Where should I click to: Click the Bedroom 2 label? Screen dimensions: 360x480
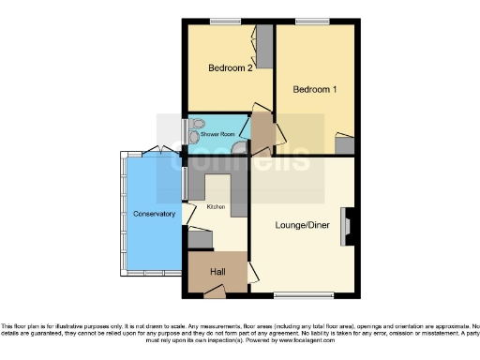click(x=231, y=68)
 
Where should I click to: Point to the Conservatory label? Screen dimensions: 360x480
click(x=154, y=214)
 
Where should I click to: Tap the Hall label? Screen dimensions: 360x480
click(x=217, y=271)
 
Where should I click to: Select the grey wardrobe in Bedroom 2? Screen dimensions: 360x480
click(x=264, y=46)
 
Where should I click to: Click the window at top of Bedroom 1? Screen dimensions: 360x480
click(x=310, y=21)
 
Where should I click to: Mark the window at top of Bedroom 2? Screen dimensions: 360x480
click(x=225, y=21)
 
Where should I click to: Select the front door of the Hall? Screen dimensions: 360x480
click(x=215, y=294)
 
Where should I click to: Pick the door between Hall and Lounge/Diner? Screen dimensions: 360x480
click(x=251, y=271)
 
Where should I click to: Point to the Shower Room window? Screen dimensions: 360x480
click(x=182, y=129)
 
